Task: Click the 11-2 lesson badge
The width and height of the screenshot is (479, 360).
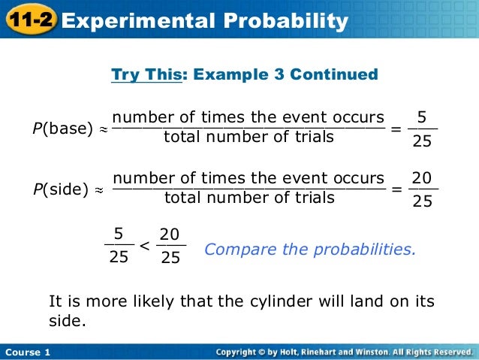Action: [29, 20]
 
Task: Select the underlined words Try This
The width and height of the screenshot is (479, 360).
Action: [146, 75]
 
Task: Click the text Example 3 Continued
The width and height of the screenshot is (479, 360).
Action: [285, 75]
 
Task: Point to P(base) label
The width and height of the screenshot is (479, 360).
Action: [62, 129]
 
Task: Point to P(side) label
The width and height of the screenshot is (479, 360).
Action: [61, 189]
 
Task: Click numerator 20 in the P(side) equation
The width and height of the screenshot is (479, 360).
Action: [422, 178]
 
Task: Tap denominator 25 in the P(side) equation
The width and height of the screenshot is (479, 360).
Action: [423, 201]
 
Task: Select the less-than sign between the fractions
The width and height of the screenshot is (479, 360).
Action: [145, 246]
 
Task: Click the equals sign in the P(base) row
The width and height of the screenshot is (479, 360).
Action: [396, 129]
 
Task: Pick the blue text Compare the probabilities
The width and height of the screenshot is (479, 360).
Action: [309, 248]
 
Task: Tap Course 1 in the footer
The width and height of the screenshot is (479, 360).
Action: [27, 352]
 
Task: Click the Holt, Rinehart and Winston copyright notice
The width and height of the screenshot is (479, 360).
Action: [343, 352]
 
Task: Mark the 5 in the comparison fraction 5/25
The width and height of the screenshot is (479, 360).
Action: [119, 234]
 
